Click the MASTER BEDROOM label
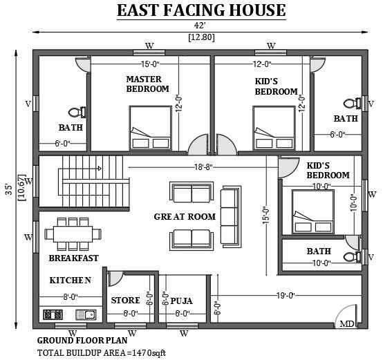(147, 84)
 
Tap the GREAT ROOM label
(185, 216)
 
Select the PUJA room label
(181, 301)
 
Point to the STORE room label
(126, 300)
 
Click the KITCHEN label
(71, 280)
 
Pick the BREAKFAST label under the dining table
(73, 258)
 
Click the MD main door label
(347, 324)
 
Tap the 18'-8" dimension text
(203, 167)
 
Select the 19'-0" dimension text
(286, 296)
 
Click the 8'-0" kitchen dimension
(71, 297)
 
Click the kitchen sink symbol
(86, 314)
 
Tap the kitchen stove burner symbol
(53, 314)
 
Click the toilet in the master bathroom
(77, 113)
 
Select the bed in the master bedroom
(150, 128)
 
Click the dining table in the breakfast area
(73, 234)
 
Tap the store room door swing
(115, 278)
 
